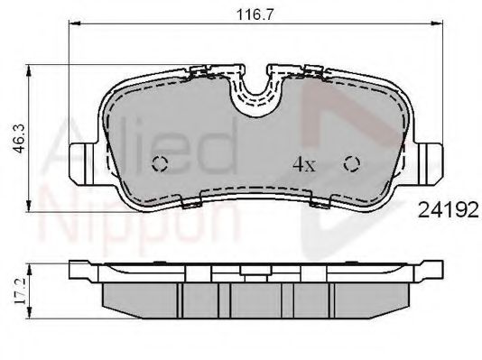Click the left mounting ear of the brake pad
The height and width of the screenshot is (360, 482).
coord(82,161)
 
